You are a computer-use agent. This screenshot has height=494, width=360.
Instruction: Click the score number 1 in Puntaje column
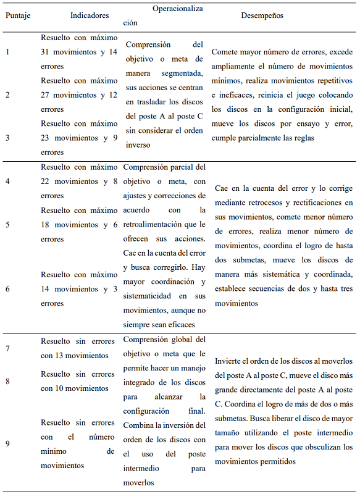pyautogui.click(x=7, y=51)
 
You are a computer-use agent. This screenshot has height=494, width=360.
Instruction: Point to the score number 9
pyautogui.click(x=7, y=443)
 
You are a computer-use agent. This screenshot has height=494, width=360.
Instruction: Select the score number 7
pyautogui.click(x=7, y=349)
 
